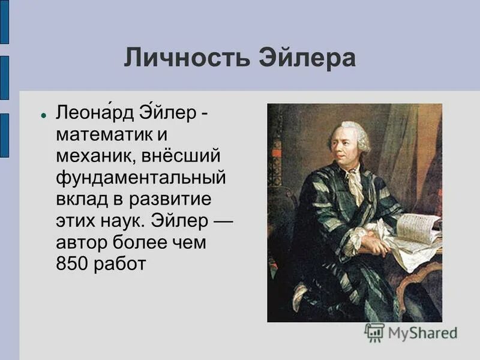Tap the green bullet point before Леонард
point(44,114)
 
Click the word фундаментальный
point(141,178)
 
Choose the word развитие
point(178,200)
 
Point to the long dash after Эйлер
point(222,221)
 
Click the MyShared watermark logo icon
point(374,332)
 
